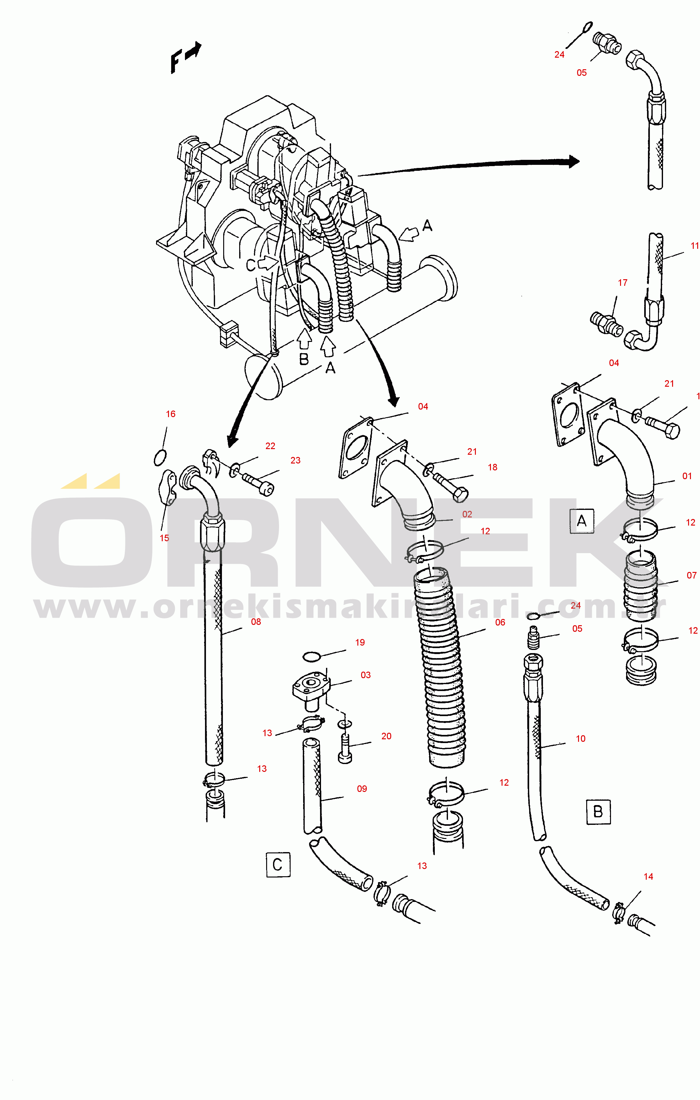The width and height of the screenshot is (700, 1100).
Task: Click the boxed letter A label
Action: [581, 521]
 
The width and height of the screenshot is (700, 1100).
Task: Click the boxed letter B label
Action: [598, 812]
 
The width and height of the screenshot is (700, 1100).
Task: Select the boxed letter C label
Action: [278, 864]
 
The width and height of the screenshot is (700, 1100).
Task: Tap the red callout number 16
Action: [171, 414]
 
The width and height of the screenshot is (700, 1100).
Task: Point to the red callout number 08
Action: [256, 622]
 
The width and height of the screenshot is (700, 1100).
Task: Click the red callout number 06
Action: [500, 622]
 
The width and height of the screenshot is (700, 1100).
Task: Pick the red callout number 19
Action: [360, 642]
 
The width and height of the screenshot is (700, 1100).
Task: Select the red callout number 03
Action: [366, 675]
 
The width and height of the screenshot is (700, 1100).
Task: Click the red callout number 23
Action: [296, 460]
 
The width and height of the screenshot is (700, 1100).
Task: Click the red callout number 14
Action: [648, 876]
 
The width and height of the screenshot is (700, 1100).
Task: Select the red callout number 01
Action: [687, 476]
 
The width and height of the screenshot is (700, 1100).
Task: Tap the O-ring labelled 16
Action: [160, 457]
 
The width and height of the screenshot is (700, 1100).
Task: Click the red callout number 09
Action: [362, 788]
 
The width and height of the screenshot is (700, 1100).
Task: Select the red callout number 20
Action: [387, 736]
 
